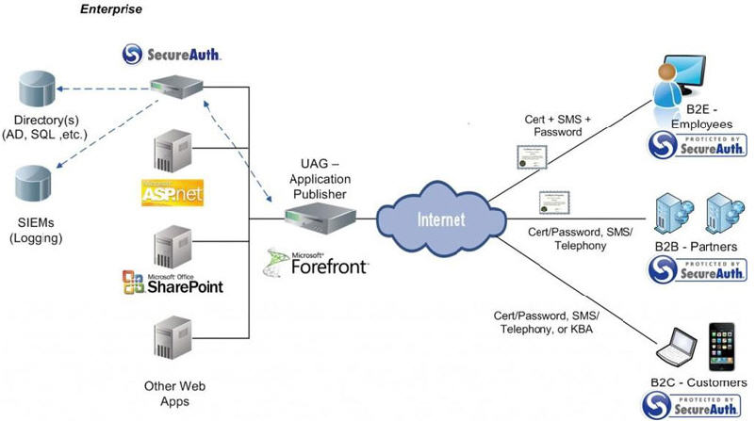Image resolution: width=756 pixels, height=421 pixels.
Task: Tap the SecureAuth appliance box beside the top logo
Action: (179, 86)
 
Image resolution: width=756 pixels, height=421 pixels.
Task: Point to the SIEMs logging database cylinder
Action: (36, 183)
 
